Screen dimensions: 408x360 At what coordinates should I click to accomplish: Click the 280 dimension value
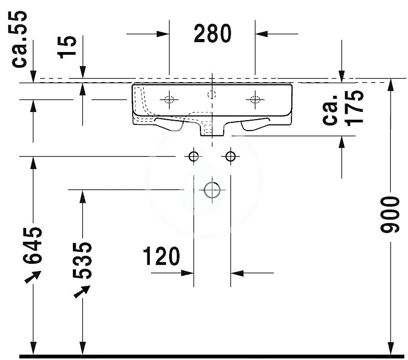click(x=212, y=33)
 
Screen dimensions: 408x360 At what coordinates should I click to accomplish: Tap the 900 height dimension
click(x=389, y=215)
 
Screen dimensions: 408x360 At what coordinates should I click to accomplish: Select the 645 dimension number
click(x=32, y=246)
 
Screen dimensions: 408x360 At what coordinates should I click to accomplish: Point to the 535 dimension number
click(x=82, y=260)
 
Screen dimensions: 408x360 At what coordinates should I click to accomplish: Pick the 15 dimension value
click(x=67, y=47)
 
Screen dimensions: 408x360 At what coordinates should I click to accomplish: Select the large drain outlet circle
click(x=212, y=190)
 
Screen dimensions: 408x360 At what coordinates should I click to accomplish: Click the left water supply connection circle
click(x=194, y=156)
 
